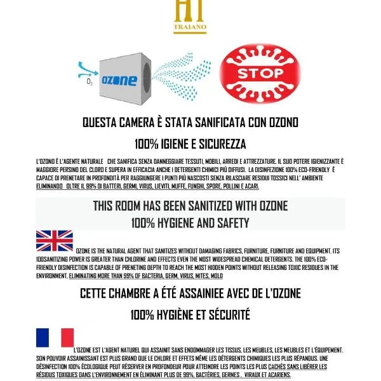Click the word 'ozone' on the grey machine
(x=119, y=80)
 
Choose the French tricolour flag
(x=55, y=338)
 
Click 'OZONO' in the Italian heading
(x=277, y=122)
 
